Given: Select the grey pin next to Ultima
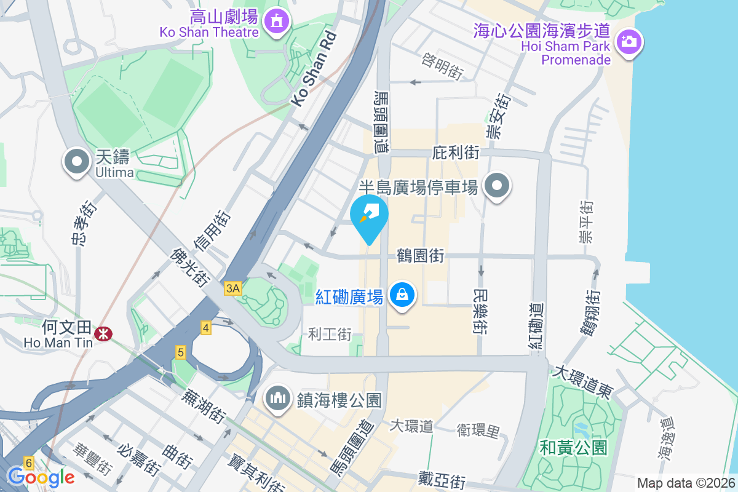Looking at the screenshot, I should tap(77, 162).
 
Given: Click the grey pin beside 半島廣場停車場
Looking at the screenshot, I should tap(497, 186).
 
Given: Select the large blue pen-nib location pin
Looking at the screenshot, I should tap(369, 215).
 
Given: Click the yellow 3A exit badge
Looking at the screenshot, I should tap(233, 288).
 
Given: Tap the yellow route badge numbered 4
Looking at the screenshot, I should tap(206, 328).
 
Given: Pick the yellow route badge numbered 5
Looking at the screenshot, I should tap(181, 353).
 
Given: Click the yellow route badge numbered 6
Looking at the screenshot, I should tap(28, 462).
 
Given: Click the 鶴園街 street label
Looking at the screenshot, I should tap(420, 256).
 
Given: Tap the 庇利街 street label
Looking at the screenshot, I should tap(456, 153).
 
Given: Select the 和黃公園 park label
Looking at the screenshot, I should tap(574, 447).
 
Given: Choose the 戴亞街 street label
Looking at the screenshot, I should tap(441, 479).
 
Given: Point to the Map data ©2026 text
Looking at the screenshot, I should tap(686, 483).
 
